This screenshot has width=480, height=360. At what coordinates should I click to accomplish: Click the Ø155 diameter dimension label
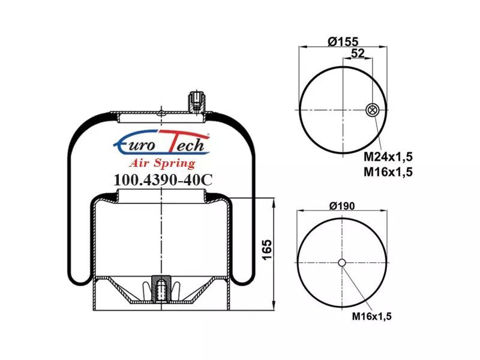[x=343, y=41]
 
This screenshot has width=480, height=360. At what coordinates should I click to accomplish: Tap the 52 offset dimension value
[x=358, y=53]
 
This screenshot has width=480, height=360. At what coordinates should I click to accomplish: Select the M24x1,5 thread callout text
[x=388, y=157]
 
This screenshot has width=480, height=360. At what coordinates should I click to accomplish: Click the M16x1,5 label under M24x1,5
[x=388, y=172]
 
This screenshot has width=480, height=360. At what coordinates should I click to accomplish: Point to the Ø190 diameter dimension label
[x=342, y=206]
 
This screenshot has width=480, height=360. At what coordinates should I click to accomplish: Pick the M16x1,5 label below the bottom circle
[x=371, y=316]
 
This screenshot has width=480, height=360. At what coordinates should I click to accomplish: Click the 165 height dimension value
[x=267, y=250]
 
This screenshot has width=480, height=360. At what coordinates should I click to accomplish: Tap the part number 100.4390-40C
[x=163, y=180]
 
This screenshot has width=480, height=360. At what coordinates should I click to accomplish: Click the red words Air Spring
[x=162, y=163]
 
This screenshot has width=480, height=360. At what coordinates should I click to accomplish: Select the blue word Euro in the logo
[x=134, y=143]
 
